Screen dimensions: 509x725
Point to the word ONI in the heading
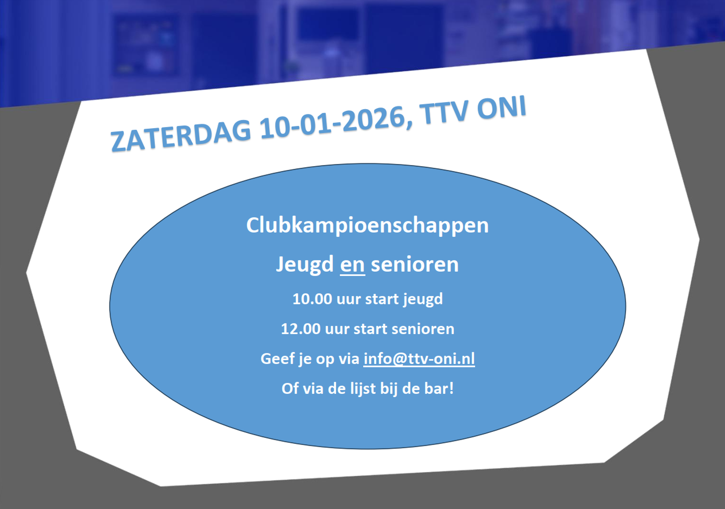pos(501,107)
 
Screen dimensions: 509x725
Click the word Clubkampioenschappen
pos(367,225)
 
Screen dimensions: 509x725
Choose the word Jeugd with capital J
pos(305,264)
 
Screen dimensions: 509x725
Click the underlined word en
pos(352,265)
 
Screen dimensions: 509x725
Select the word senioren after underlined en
pos(415,265)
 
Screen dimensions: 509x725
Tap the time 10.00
pos(312,299)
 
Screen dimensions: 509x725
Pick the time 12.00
pos(301,329)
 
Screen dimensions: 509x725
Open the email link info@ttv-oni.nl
pos(419,359)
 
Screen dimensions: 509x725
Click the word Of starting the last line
pos(290,388)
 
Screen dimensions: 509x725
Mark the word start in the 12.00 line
pos(370,329)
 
